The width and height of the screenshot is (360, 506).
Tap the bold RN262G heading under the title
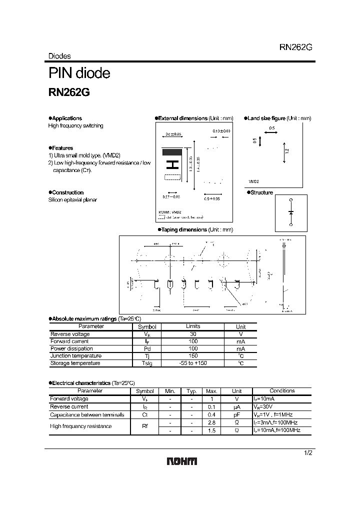[69, 92]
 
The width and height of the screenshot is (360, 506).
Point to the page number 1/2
[308, 453]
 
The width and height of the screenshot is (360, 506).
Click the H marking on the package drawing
[172, 164]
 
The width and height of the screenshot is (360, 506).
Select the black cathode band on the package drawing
[171, 151]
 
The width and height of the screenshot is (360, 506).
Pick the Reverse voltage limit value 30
[192, 334]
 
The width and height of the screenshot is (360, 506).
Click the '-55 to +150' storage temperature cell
[192, 363]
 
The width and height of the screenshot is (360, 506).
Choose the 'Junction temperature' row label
[75, 355]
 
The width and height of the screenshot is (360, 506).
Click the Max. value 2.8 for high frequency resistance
[211, 422]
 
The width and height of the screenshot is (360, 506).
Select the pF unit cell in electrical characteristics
[237, 414]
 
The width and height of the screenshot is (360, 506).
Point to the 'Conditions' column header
[282, 391]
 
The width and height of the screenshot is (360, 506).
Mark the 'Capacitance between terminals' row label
[87, 414]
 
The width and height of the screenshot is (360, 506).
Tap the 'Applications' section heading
[66, 118]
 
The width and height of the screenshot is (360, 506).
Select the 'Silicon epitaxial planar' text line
[72, 200]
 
